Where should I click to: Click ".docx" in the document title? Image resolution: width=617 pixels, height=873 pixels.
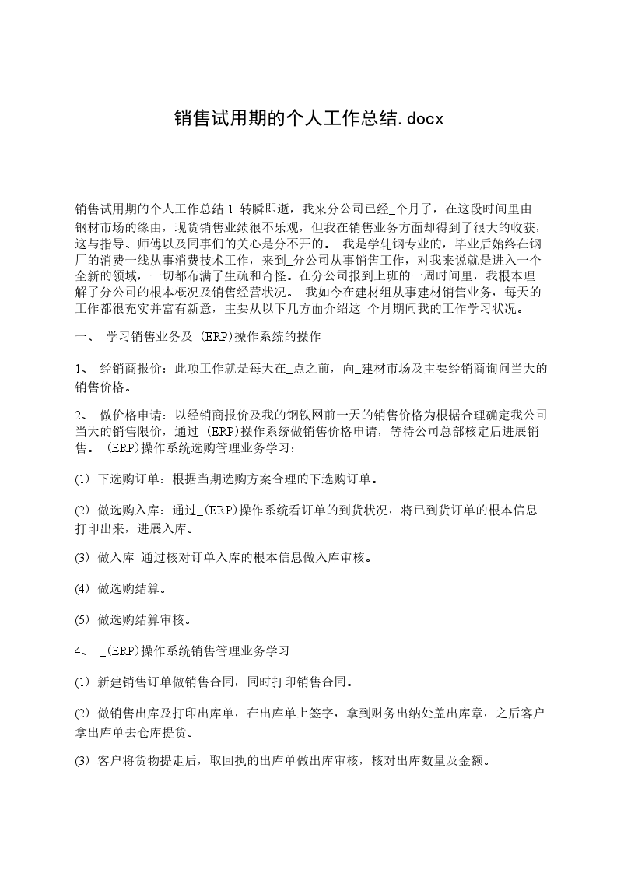420,119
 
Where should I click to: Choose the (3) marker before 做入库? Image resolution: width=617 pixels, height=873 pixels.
82,558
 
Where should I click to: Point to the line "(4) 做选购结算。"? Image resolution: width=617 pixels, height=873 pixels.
120,589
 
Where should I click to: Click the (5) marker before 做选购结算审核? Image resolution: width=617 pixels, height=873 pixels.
82,620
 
